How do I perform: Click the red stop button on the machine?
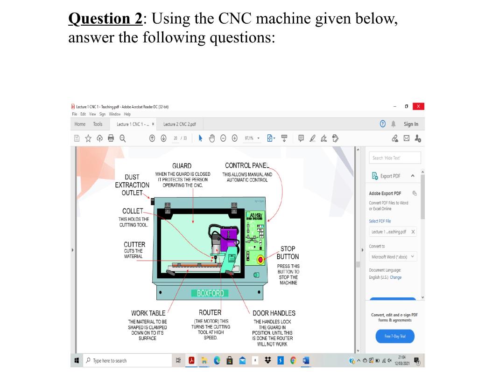click(261, 259)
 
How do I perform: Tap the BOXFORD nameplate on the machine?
click(210, 293)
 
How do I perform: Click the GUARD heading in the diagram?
click(182, 166)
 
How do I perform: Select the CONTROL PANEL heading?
click(247, 165)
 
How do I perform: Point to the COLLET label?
click(133, 212)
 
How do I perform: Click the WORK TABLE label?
click(148, 313)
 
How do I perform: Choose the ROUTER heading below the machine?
click(210, 312)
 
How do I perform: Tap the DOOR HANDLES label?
click(274, 313)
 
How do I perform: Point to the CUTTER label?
click(134, 244)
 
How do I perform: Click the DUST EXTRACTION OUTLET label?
click(132, 185)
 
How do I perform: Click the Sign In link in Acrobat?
click(411, 124)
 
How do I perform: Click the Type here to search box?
click(126, 360)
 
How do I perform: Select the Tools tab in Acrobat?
click(98, 124)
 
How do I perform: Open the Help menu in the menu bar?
click(128, 114)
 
